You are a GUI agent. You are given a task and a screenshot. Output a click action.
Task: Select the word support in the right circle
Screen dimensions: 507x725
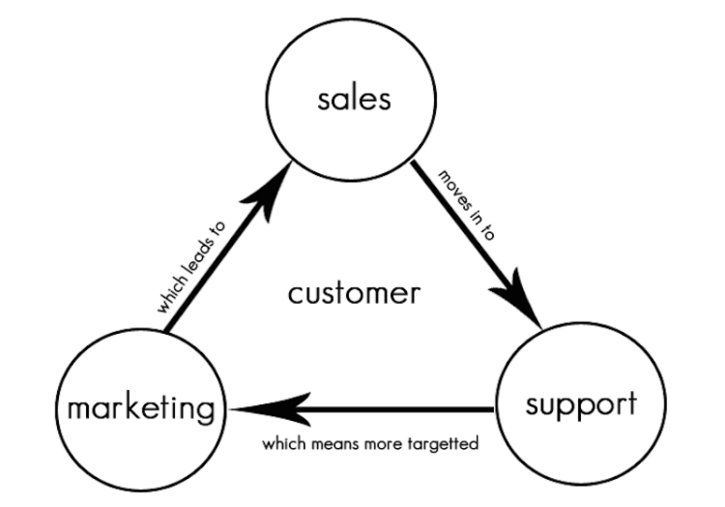coord(581,403)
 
